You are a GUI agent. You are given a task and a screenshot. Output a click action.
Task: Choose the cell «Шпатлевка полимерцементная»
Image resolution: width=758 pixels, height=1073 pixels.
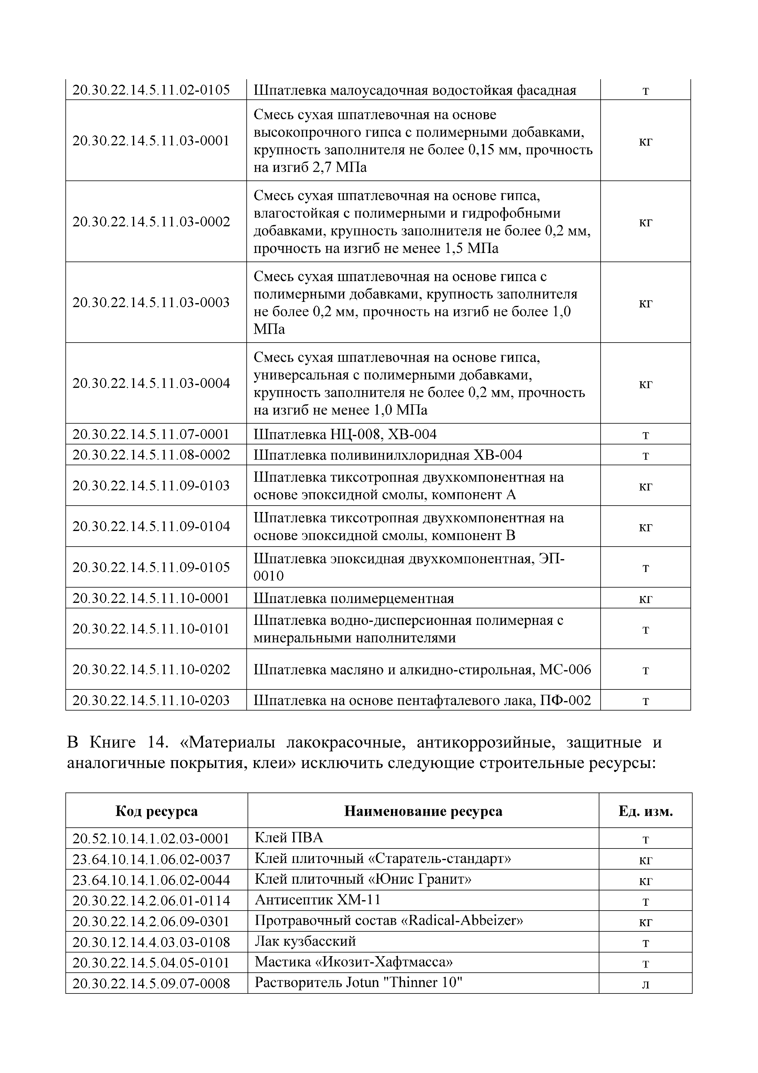pyautogui.click(x=354, y=598)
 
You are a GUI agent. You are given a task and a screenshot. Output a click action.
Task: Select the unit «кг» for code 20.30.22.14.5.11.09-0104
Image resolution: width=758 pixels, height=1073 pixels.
pyautogui.click(x=646, y=527)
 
